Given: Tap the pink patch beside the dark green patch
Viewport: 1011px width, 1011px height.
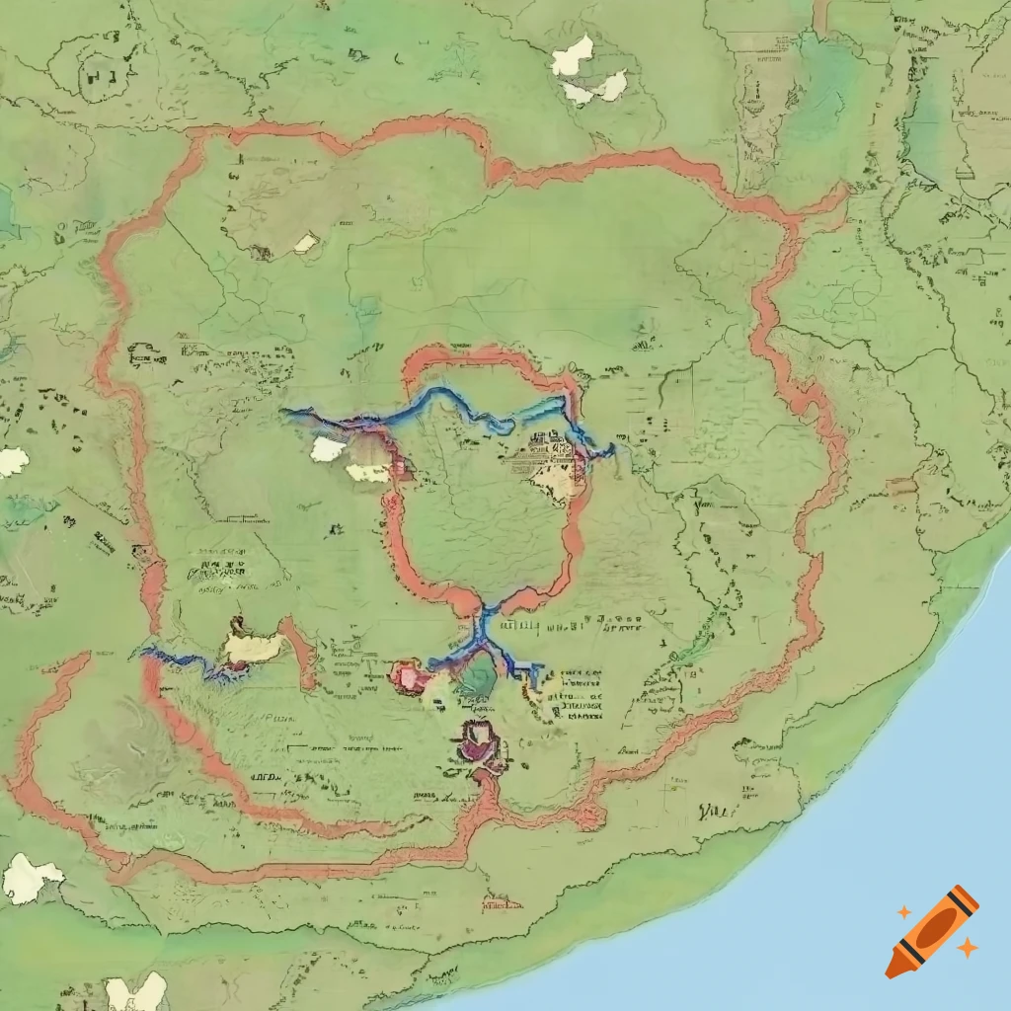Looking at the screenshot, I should tap(410, 677).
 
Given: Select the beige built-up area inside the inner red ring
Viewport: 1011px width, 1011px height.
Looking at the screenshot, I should tap(554, 474).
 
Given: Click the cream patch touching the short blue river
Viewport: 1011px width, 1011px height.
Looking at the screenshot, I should tap(253, 648).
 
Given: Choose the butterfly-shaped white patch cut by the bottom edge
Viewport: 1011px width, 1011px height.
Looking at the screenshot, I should tap(136, 993).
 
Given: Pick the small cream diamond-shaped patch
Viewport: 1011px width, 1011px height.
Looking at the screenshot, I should tap(306, 243).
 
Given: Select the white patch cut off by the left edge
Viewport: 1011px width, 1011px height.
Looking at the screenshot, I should tap(12, 461).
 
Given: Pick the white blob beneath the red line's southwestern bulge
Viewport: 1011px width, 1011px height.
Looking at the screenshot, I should tap(30, 879).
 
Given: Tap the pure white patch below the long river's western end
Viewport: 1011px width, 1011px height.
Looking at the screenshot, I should tap(328, 449).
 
